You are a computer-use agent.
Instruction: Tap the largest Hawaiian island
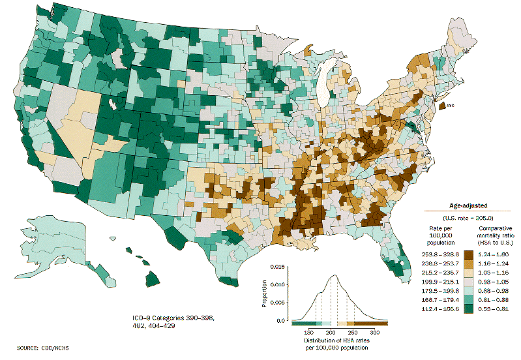coord(152,278)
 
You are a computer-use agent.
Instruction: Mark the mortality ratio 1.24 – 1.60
coord(497,253)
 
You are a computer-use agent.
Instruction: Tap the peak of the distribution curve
coord(334,275)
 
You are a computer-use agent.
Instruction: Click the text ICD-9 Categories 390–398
coord(169,317)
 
